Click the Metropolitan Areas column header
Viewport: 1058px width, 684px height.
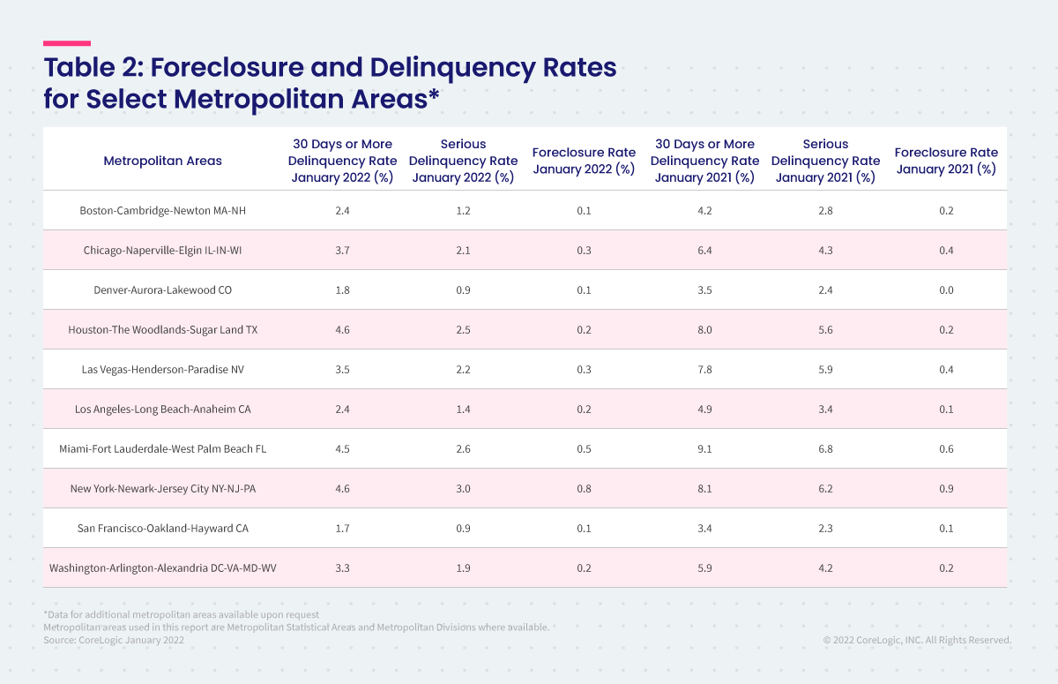(x=162, y=161)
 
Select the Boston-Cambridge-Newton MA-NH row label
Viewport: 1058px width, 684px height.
(x=162, y=211)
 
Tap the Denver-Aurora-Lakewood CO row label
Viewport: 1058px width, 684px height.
(x=162, y=290)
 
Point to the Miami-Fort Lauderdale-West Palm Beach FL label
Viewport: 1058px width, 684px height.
(x=162, y=449)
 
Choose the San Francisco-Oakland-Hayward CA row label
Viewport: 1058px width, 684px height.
(x=162, y=529)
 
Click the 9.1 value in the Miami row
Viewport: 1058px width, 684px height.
(x=704, y=449)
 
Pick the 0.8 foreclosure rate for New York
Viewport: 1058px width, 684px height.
(x=584, y=489)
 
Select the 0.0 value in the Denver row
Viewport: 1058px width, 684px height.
(x=946, y=290)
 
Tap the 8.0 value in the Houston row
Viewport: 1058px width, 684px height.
(x=704, y=330)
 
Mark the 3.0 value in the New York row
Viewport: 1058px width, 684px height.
(x=463, y=489)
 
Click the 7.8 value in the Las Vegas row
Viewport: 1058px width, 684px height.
(x=704, y=370)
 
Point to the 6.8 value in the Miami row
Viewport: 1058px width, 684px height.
(x=825, y=449)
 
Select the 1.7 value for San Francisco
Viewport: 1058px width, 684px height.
(x=342, y=529)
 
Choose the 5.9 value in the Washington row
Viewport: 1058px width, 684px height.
(x=704, y=568)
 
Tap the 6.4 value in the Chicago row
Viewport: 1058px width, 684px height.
(x=704, y=251)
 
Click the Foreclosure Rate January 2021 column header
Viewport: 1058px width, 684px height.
(x=946, y=161)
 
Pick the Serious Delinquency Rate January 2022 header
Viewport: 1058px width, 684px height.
(x=463, y=161)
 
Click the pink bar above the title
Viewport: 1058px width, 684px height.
(x=67, y=42)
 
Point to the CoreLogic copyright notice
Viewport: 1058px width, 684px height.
(x=917, y=640)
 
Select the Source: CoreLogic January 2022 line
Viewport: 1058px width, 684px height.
(x=114, y=640)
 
